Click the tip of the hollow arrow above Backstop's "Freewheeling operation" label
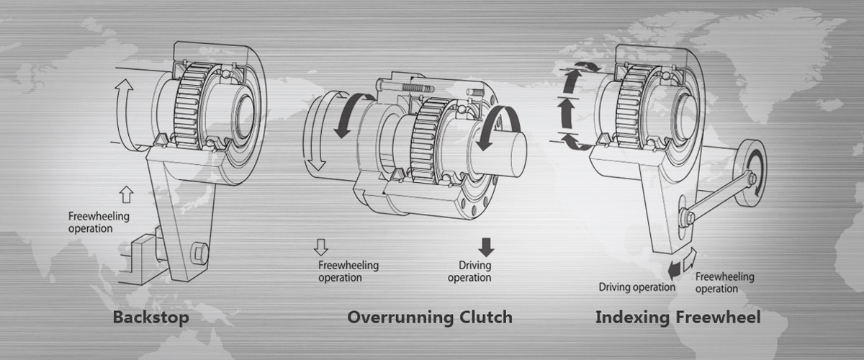click(x=127, y=186)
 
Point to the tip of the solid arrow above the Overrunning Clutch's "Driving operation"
click(x=486, y=256)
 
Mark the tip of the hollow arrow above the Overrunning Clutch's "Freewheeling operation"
click(x=321, y=256)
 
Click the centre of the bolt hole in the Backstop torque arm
click(x=199, y=253)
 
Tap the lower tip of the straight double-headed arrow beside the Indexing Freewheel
click(x=566, y=128)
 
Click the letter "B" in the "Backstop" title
click(x=119, y=318)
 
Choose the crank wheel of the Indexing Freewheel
click(x=750, y=173)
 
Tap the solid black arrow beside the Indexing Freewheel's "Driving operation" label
click(x=674, y=269)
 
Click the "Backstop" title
click(x=150, y=318)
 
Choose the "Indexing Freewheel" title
click(x=678, y=318)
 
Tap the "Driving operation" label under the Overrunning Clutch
click(x=469, y=271)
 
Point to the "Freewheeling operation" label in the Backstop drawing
click(x=99, y=222)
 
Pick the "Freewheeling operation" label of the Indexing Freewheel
click(x=724, y=282)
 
